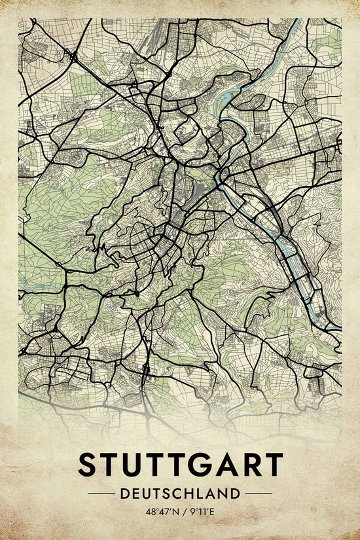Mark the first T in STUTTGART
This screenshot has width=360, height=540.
click(x=109, y=465)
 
